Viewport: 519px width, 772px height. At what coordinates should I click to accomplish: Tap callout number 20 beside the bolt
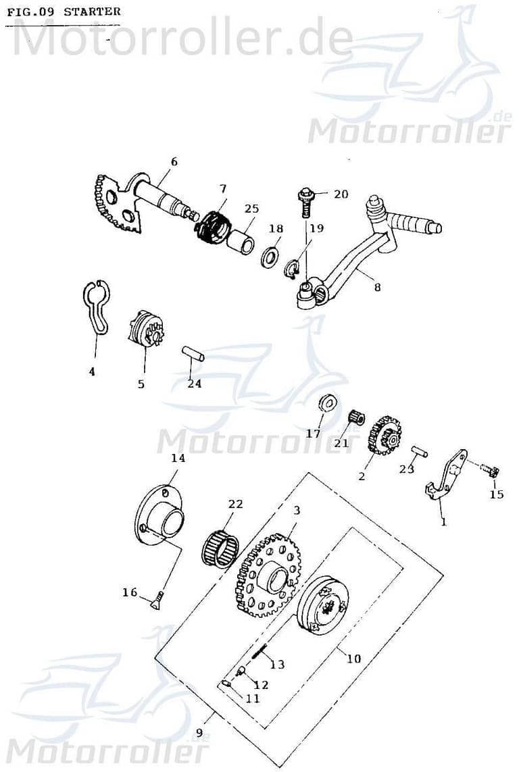tap(341, 194)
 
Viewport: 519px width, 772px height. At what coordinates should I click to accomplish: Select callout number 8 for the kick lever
tap(377, 287)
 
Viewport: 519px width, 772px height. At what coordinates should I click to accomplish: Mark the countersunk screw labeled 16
tap(155, 599)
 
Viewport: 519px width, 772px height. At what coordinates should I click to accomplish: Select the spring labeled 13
tap(259, 652)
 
